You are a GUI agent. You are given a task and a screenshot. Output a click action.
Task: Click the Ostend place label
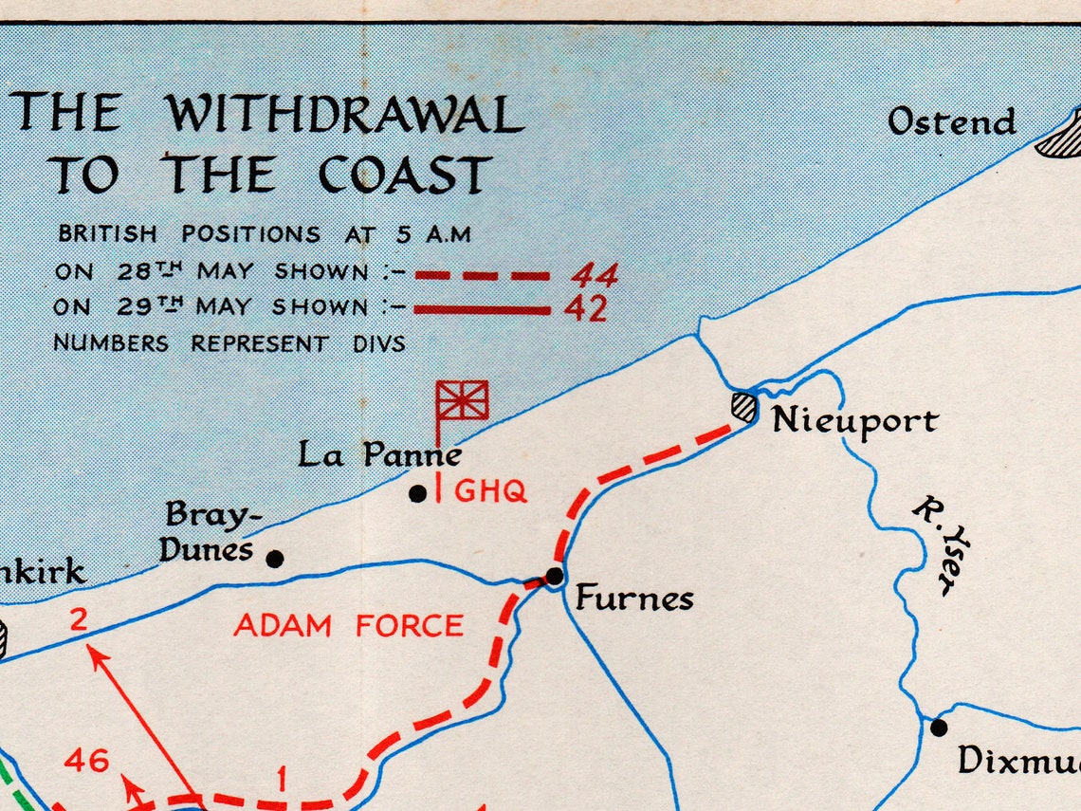point(951,122)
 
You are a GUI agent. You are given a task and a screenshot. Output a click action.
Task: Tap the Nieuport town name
point(854,421)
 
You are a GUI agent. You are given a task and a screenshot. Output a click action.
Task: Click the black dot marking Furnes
point(555,576)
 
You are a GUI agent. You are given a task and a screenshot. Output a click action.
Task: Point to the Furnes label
point(634,599)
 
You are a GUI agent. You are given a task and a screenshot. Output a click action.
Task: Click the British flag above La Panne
point(463,399)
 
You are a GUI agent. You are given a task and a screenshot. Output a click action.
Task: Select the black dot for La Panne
point(417,493)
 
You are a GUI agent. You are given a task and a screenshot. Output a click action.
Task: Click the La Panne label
point(380,454)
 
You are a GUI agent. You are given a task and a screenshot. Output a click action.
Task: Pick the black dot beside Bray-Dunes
point(275,559)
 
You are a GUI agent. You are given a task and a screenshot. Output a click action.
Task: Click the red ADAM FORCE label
point(349,626)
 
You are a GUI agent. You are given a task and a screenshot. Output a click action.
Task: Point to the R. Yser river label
point(942,546)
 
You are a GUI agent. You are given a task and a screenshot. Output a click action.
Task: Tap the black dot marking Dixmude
point(938,728)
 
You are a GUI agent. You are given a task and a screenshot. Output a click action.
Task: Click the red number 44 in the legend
point(594,276)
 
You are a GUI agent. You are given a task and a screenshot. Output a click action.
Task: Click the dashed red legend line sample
point(483,276)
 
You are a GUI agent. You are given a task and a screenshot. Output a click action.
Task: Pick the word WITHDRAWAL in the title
point(345,116)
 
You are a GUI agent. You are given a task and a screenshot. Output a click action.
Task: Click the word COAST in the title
point(404,175)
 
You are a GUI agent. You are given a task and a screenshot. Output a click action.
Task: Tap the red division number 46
point(87,760)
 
